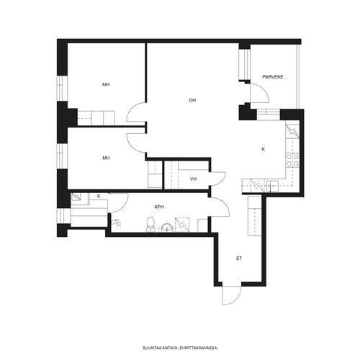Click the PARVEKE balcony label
pyautogui.click(x=273, y=77)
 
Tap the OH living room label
pyautogui.click(x=192, y=100)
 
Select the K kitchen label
pyautogui.click(x=264, y=149)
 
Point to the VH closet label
pyautogui.click(x=193, y=179)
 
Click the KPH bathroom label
pyautogui.click(x=159, y=207)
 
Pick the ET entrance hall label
pyautogui.click(x=239, y=258)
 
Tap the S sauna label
pyautogui.click(x=99, y=197)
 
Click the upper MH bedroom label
pyautogui.click(x=106, y=84)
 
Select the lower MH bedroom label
pyautogui.click(x=106, y=158)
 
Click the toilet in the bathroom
pyautogui.click(x=150, y=225)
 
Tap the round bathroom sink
pyautogui.click(x=166, y=228)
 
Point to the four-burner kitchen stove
pyautogui.click(x=292, y=161)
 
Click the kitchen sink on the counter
pyautogui.click(x=272, y=186)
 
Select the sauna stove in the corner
pyautogui.click(x=76, y=197)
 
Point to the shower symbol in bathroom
pyautogui.click(x=117, y=222)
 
